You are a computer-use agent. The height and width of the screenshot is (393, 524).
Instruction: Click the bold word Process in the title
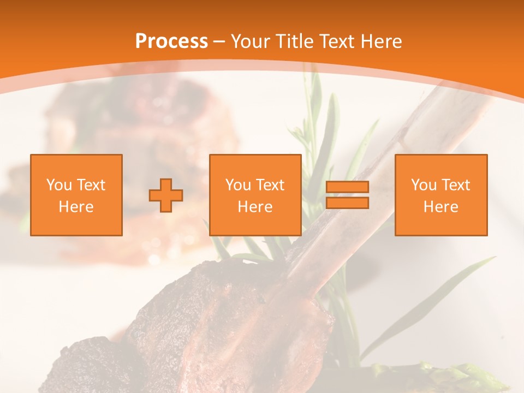pyautogui.click(x=171, y=41)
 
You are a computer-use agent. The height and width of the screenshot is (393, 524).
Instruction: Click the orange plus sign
pyautogui.click(x=166, y=195)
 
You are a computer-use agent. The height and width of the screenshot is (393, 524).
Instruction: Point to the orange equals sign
pyautogui.click(x=347, y=195)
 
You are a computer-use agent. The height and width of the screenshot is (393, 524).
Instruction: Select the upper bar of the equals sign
pyautogui.click(x=347, y=187)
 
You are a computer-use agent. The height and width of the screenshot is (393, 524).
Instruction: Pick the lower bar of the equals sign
pyautogui.click(x=347, y=203)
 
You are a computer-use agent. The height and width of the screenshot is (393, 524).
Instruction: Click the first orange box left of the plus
pyautogui.click(x=76, y=195)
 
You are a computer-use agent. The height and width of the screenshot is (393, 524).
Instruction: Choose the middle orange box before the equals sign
pyautogui.click(x=255, y=195)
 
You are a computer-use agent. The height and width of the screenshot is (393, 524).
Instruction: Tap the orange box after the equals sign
pyautogui.click(x=441, y=195)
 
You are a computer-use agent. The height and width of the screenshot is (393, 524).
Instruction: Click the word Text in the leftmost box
pyautogui.click(x=91, y=185)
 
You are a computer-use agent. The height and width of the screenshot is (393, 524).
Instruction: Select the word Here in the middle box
pyautogui.click(x=255, y=207)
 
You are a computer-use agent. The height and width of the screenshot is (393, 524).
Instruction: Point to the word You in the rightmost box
pyautogui.click(x=424, y=185)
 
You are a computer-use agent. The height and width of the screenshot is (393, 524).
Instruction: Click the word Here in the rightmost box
pyautogui.click(x=441, y=207)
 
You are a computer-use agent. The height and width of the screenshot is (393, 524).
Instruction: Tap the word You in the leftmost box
pyautogui.click(x=59, y=185)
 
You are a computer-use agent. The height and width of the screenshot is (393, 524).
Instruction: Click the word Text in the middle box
pyautogui.click(x=270, y=185)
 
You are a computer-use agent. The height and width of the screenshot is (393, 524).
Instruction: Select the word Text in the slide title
pyautogui.click(x=334, y=41)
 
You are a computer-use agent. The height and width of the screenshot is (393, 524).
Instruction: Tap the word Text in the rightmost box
pyautogui.click(x=456, y=185)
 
